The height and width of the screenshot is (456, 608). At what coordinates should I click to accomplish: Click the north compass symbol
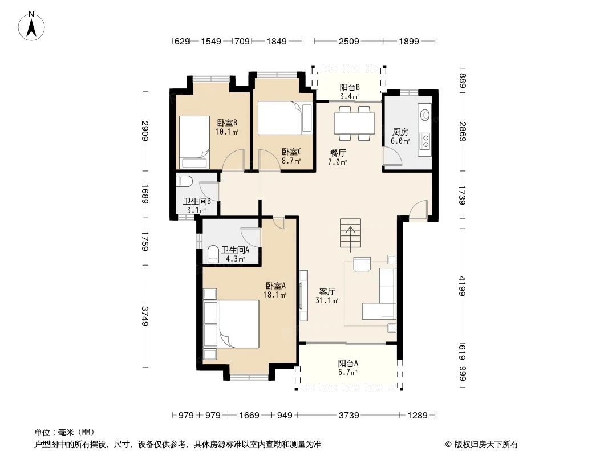coord(33,25)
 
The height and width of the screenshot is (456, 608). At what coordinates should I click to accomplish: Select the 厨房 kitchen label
coord(400,132)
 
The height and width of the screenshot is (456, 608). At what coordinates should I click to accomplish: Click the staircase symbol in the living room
coord(351,234)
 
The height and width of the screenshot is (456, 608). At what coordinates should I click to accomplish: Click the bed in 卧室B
coord(194,137)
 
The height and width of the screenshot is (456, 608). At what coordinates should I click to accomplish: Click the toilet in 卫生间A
coord(213,254)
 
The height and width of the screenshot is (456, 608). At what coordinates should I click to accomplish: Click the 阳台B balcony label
coord(350,87)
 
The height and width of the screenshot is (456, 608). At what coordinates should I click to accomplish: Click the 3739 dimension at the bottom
coord(348,416)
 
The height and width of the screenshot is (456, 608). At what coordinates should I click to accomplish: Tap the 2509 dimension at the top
coord(348,41)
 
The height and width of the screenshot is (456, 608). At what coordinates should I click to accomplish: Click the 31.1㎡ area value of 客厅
coord(327,301)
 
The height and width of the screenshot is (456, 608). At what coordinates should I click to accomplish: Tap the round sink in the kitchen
coord(425,114)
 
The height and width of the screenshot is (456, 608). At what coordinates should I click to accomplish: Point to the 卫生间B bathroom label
coord(197,201)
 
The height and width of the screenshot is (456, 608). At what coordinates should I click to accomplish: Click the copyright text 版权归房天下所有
coord(482,445)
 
